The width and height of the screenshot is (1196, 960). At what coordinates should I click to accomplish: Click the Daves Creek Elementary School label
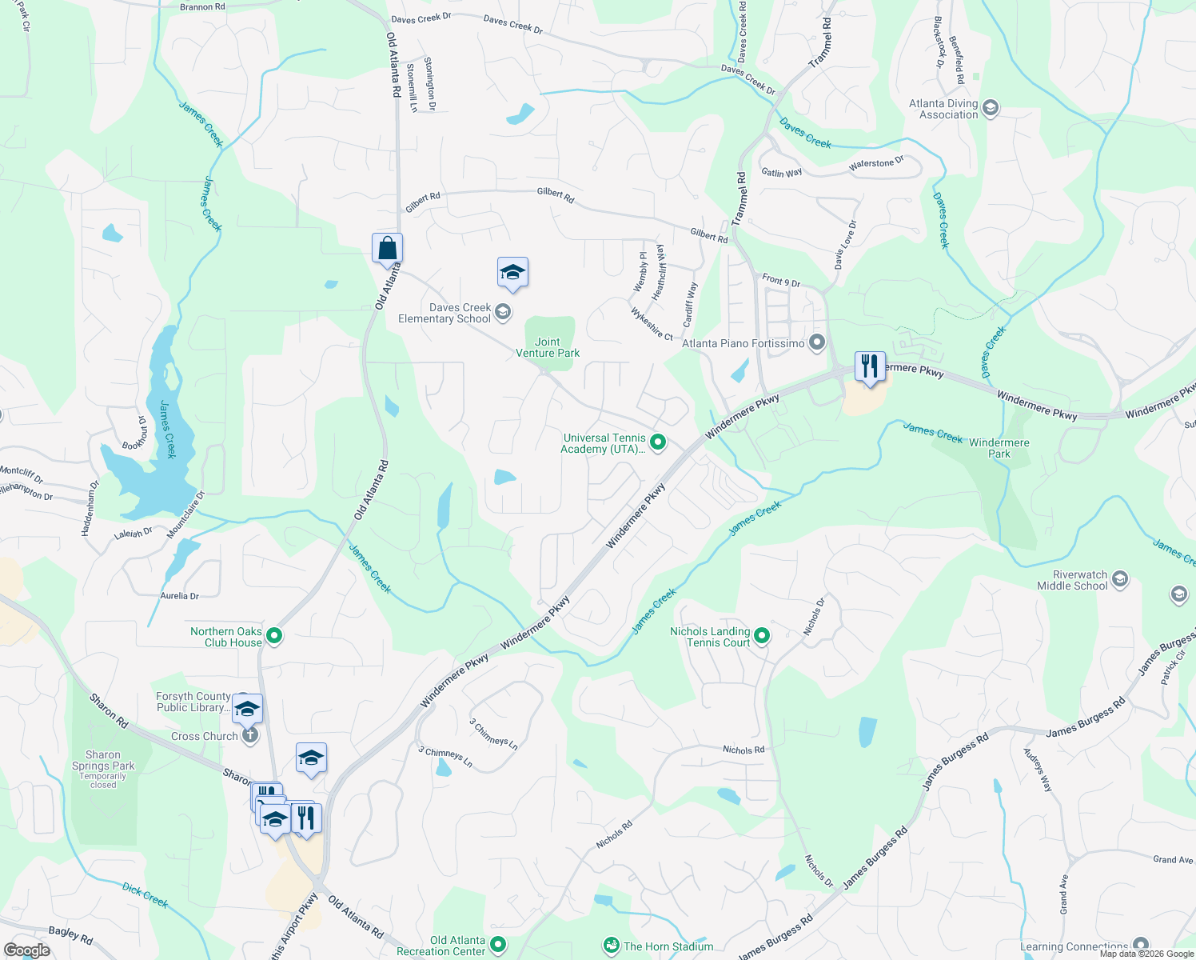[445, 313]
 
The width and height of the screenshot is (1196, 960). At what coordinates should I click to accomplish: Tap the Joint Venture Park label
[548, 347]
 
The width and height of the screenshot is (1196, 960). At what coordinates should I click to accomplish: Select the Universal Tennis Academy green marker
[658, 442]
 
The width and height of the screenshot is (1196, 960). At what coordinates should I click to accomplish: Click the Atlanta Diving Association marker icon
[991, 108]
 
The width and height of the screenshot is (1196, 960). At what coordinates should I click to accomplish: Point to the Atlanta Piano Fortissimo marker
[816, 343]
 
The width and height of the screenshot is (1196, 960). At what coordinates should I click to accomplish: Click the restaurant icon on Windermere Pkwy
[869, 366]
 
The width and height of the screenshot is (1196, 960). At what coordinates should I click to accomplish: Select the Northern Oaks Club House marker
[274, 636]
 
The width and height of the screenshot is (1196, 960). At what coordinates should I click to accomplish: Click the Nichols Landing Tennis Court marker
[762, 636]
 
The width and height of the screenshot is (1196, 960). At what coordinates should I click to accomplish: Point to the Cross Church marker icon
[249, 735]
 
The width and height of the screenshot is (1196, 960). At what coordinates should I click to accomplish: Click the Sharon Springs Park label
[103, 760]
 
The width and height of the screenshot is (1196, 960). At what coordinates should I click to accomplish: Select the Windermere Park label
[999, 448]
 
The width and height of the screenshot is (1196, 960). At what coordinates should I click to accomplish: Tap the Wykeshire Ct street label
[652, 324]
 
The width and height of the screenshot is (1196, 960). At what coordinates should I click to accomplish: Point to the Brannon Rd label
[202, 7]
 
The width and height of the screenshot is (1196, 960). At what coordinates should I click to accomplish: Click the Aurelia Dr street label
[179, 596]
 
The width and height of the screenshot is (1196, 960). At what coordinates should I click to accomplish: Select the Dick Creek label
[145, 895]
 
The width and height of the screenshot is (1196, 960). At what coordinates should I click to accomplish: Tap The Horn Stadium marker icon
[612, 946]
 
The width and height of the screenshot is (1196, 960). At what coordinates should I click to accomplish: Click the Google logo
[27, 950]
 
